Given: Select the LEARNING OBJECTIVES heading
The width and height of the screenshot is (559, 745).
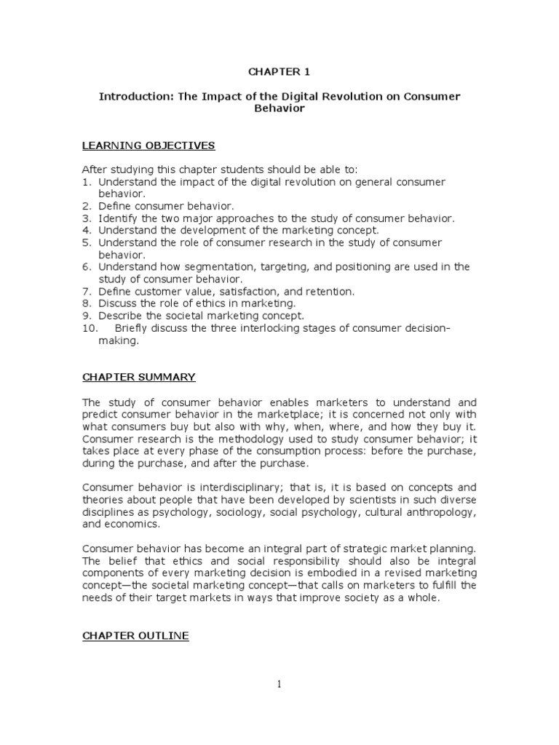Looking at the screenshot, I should click(x=148, y=146).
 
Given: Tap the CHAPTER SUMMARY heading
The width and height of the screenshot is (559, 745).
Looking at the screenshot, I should click(x=138, y=377).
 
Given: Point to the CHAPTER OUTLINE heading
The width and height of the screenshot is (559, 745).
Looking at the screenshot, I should click(x=135, y=636).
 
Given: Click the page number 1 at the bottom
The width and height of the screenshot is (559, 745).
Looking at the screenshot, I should click(x=279, y=683).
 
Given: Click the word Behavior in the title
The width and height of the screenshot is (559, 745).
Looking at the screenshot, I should click(x=279, y=109).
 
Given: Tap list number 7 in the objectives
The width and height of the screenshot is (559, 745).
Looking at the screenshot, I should click(x=85, y=291).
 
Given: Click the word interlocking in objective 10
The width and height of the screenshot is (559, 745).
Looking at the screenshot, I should click(x=278, y=328).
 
